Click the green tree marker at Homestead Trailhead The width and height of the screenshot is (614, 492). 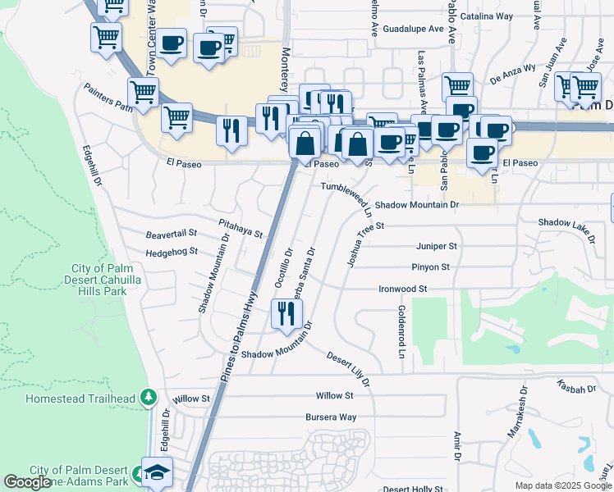coord(148,398)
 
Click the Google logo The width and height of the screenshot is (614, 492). coord(28,482)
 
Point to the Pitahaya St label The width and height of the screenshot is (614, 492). coord(240,228)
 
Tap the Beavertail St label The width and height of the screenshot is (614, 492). coord(172,234)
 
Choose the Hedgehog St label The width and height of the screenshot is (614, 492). coord(172,252)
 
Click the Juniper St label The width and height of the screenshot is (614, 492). coord(436,245)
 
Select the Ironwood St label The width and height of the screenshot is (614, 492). coord(403,289)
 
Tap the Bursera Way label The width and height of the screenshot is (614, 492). coord(331,417)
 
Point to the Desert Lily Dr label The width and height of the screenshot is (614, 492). coord(349,369)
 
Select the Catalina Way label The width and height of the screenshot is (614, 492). coord(487,16)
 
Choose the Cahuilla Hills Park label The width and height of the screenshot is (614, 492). coord(110,280)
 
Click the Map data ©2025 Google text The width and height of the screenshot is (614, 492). coord(562,485)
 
